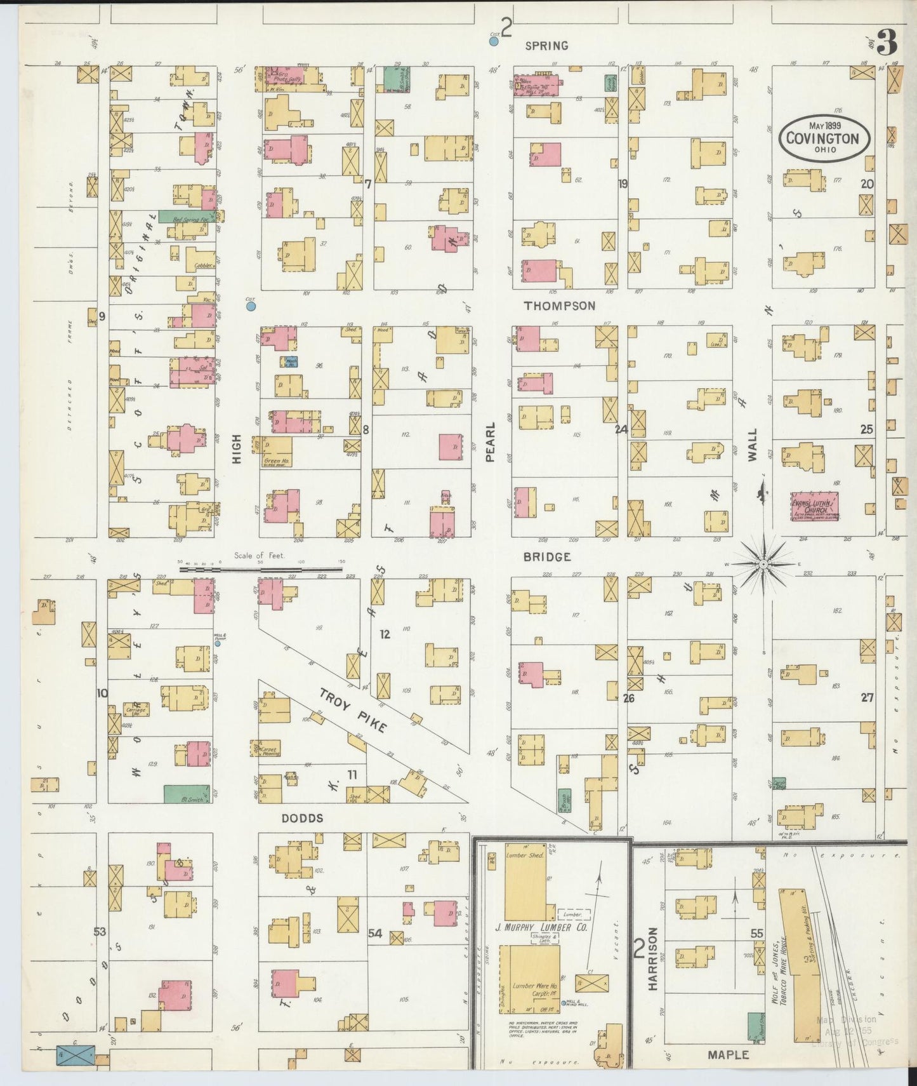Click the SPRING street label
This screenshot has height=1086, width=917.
[x=546, y=46]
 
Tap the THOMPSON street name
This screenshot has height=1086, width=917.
[x=559, y=305]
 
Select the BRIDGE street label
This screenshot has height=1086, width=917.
[x=546, y=557]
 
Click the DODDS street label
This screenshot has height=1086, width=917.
[x=303, y=819]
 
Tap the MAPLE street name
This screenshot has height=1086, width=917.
[x=728, y=1055]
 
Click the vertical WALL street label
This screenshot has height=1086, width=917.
[x=752, y=445]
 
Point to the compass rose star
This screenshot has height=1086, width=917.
[x=764, y=564]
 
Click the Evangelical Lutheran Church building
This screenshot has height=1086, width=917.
[x=814, y=506]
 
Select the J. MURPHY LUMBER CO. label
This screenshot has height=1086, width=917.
[x=541, y=928]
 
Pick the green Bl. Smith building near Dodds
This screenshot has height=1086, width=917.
[x=187, y=794]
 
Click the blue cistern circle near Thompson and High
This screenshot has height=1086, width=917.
[x=251, y=307]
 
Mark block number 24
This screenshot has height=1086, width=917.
[x=621, y=429]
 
